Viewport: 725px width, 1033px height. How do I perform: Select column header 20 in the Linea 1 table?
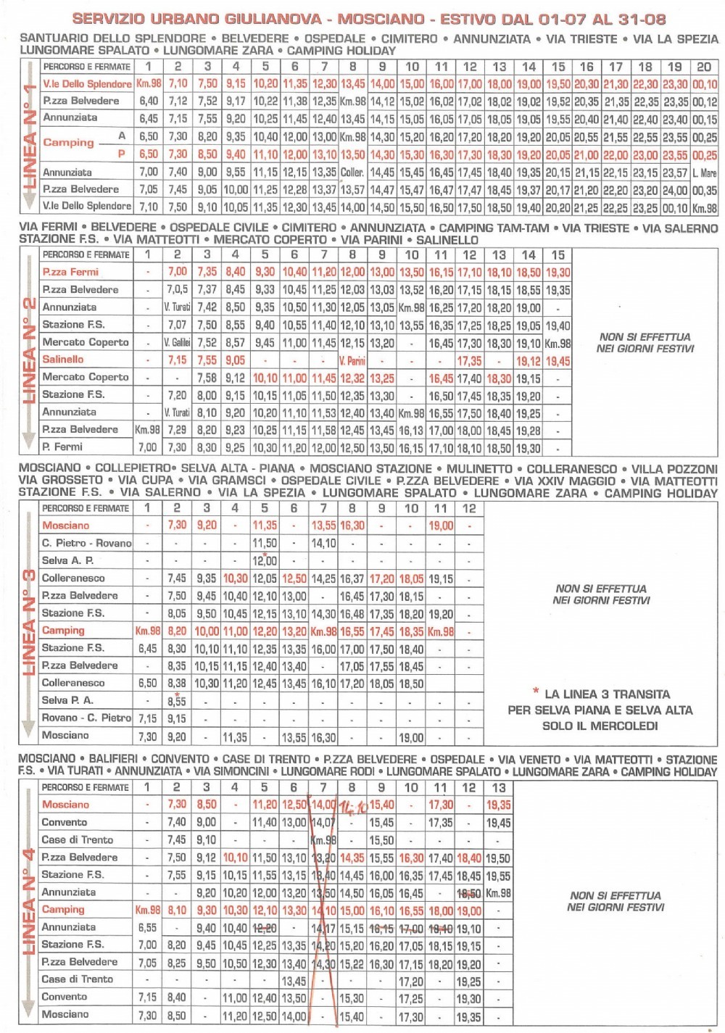tap(704, 66)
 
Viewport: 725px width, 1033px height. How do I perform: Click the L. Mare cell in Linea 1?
tap(704, 173)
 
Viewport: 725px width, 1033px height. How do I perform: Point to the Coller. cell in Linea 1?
tap(352, 173)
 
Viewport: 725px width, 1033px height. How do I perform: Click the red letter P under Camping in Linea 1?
tap(121, 154)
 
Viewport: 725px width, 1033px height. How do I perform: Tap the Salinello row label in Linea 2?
tap(63, 360)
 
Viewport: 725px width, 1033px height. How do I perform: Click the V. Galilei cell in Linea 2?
tap(177, 342)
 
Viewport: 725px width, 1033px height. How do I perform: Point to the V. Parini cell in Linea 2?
tap(352, 360)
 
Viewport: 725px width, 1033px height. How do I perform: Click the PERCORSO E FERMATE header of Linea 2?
tap(86, 254)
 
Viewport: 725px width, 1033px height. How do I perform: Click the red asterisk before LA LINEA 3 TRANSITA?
tap(536, 692)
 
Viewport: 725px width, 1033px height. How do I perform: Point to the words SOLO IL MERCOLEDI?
tap(600, 726)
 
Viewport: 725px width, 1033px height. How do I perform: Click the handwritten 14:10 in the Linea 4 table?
tap(353, 806)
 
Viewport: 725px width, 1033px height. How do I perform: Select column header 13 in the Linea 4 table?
tap(499, 787)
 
